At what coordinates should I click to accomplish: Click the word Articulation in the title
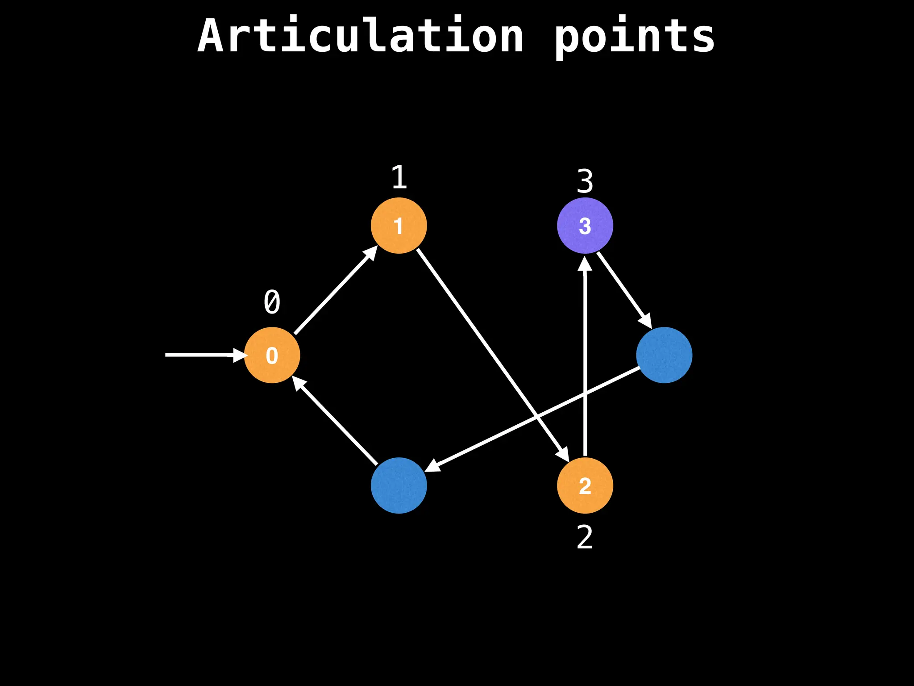(x=361, y=36)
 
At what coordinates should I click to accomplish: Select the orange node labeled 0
(x=272, y=355)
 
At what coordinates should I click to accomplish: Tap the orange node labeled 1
(x=399, y=226)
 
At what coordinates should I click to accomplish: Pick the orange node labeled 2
(x=585, y=485)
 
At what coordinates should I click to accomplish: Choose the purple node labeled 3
(x=585, y=226)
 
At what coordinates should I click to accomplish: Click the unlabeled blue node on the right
(x=664, y=355)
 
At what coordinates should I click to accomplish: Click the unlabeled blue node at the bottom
(x=399, y=485)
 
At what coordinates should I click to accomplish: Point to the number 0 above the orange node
(x=272, y=302)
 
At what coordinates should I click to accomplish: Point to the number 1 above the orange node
(x=399, y=177)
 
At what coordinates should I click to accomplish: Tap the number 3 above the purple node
(x=585, y=181)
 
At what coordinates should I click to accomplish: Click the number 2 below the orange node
(x=585, y=537)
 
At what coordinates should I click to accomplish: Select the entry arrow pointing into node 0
(x=201, y=355)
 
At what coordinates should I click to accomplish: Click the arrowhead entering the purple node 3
(x=585, y=264)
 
